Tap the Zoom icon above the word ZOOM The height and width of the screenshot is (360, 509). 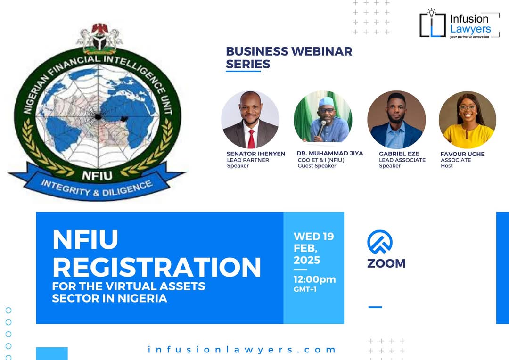380,242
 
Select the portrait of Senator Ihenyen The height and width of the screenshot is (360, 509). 250,120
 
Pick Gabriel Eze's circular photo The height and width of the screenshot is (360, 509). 396,120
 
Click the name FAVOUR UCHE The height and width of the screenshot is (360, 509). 462,154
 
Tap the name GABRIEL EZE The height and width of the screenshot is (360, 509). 398,154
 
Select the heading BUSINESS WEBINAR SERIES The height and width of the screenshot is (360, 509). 288,57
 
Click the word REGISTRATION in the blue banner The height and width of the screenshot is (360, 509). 156,267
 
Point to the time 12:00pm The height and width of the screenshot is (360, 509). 314,279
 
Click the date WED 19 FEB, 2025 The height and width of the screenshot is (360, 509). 313,248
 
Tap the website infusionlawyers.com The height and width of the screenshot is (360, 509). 242,350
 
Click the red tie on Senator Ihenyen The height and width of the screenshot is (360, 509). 251,139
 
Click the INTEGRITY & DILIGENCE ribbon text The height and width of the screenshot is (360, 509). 97,188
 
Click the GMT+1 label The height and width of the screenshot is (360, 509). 305,289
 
